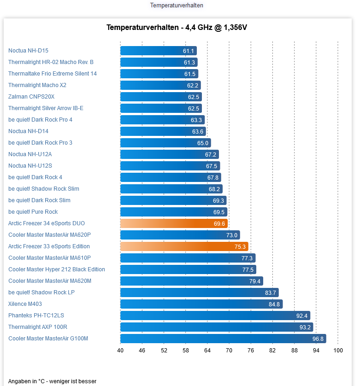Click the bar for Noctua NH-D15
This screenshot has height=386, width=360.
point(158,51)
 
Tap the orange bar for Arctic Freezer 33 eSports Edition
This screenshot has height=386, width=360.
point(184,246)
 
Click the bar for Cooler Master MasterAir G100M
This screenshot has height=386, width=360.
point(223,339)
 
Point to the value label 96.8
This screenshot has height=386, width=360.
point(318,339)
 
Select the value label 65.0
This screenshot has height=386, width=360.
point(203,143)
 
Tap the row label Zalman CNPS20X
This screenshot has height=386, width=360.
point(31,97)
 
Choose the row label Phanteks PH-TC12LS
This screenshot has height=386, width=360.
point(36,316)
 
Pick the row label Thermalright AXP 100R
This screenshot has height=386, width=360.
point(38,327)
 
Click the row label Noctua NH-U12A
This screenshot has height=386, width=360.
point(30,154)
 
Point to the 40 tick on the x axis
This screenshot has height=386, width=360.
point(120,351)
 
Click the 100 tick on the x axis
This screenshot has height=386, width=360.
point(338,351)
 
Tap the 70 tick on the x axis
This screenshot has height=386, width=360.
point(229,351)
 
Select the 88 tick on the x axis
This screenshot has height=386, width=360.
point(294,351)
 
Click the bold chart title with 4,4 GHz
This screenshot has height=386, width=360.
point(177,28)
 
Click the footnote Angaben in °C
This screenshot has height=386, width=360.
point(52,381)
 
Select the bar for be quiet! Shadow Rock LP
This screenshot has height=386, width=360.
point(199,292)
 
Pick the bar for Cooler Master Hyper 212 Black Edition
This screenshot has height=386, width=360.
point(188,269)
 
